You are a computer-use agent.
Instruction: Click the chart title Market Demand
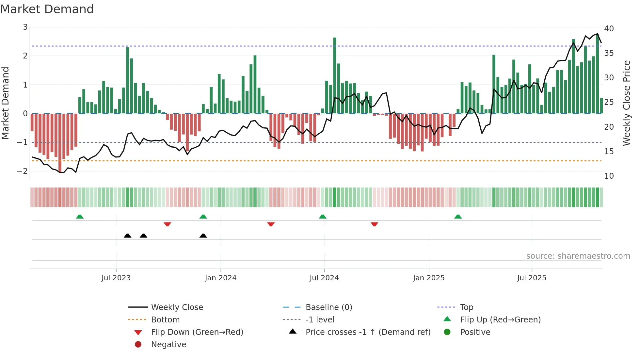47,9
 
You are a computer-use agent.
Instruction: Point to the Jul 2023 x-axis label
116,278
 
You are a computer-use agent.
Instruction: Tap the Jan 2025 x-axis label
428,278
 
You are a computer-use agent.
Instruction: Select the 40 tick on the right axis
609,29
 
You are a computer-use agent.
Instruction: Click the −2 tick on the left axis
22,171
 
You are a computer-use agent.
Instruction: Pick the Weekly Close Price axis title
626,103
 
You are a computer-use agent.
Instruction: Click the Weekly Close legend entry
177,307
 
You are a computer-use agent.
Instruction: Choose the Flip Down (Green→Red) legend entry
197,332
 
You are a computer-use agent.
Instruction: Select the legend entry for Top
466,307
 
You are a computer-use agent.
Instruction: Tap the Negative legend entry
168,345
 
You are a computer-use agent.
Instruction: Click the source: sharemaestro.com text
578,256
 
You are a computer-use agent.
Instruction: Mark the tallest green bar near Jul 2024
334,75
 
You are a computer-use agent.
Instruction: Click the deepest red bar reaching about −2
60,142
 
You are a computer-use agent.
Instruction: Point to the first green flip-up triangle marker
80,217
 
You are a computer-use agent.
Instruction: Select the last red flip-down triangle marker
374,224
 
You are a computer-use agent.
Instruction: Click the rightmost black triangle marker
203,236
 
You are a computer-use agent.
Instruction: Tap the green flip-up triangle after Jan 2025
458,217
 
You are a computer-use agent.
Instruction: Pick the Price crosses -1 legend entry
368,332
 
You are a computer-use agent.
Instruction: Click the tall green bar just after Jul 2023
128,80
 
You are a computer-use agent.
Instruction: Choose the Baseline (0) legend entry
328,307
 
